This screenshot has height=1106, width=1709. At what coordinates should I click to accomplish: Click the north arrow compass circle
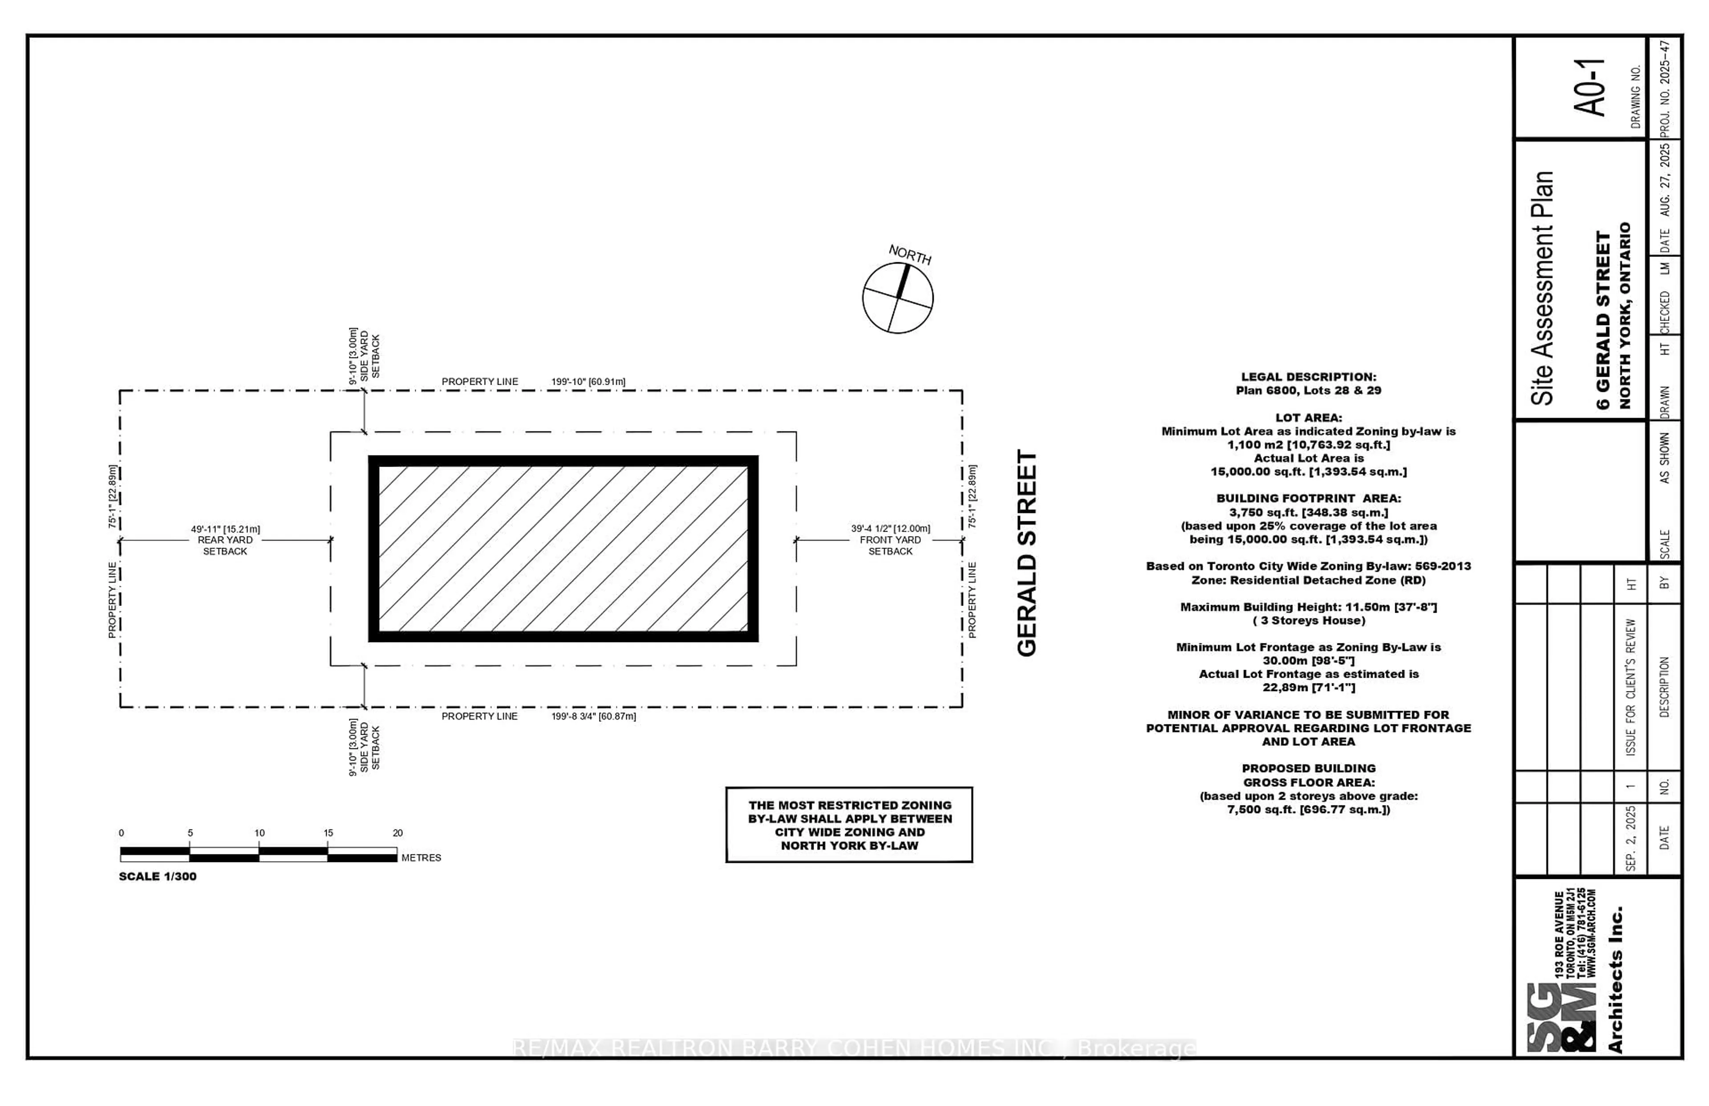click(x=897, y=297)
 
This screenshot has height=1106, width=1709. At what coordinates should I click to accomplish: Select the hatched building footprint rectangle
click(x=563, y=549)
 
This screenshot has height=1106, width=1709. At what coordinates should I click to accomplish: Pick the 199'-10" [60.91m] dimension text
click(x=588, y=381)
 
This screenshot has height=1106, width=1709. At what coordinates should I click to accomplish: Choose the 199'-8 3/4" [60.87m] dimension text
click(x=594, y=716)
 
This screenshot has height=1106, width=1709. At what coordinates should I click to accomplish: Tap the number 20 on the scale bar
click(x=397, y=833)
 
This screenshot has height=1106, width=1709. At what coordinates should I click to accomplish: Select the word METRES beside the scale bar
click(x=421, y=858)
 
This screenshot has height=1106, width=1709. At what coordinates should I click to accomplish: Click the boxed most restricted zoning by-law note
click(x=849, y=825)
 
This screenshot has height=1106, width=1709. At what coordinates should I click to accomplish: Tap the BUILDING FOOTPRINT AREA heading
click(x=1308, y=498)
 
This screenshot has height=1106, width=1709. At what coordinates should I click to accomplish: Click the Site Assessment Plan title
click(x=1543, y=287)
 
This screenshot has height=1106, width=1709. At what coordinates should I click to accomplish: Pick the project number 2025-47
click(x=1665, y=88)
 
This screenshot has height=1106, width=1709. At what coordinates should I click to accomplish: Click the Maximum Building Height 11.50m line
click(x=1308, y=607)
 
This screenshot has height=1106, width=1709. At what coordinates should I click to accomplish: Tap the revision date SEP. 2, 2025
click(x=1631, y=838)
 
